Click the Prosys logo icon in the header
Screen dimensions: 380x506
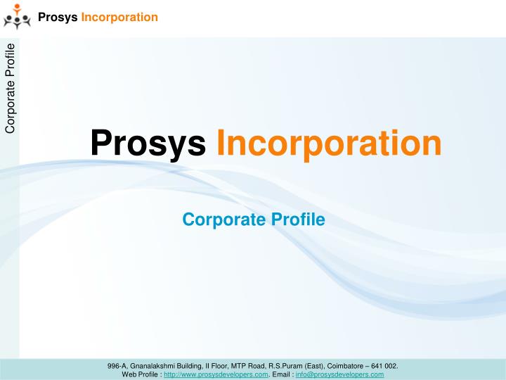[17, 17]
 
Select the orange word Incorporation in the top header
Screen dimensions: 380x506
[119, 17]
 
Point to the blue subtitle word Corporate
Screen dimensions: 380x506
[215, 220]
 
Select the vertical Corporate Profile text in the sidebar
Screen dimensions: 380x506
[10, 87]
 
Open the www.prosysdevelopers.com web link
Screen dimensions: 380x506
[216, 374]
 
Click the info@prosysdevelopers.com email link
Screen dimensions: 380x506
[339, 374]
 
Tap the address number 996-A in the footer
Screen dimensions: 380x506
[117, 366]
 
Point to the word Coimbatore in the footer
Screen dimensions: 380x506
[348, 366]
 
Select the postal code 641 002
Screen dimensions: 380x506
[386, 366]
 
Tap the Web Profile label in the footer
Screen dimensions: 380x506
[140, 374]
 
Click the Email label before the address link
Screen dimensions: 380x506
[281, 374]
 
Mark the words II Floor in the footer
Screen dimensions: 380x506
[214, 366]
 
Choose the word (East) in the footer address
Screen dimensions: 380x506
[314, 366]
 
